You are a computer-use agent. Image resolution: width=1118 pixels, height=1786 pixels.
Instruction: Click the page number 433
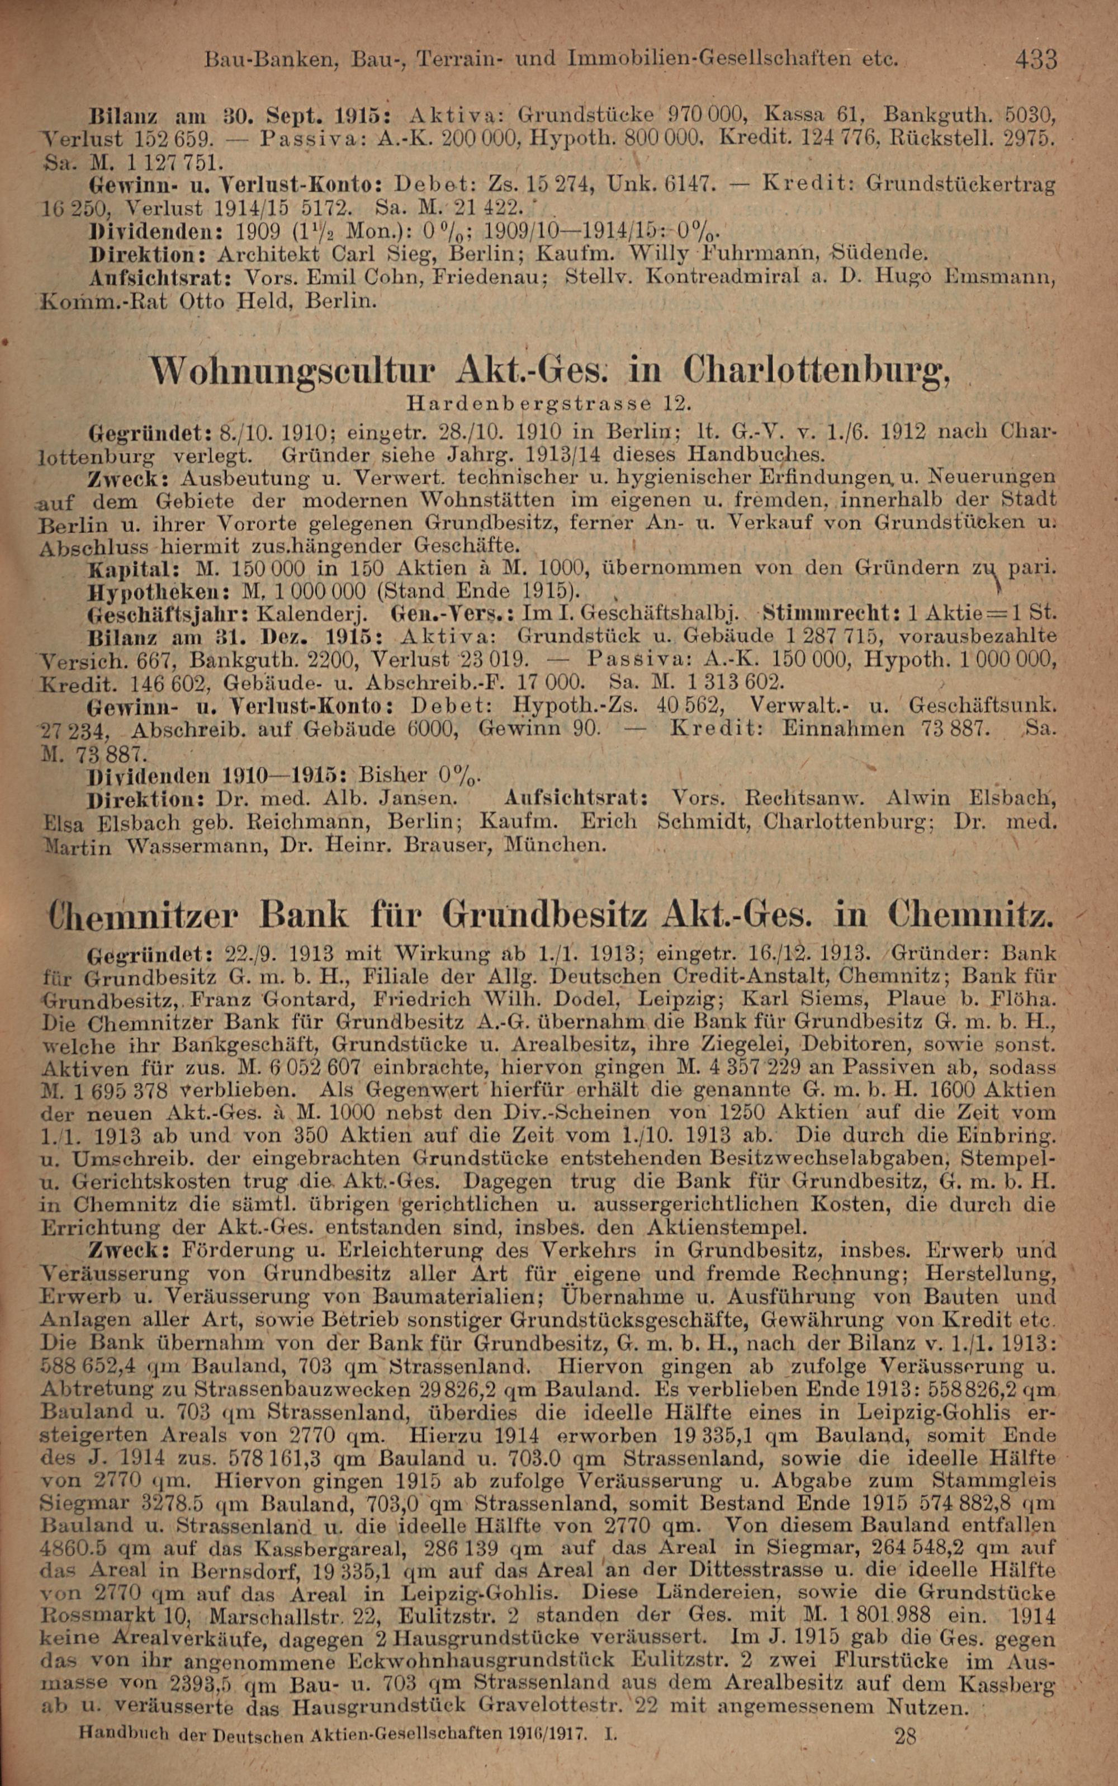(x=1036, y=59)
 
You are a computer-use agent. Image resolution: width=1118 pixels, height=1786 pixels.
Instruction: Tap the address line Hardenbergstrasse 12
(x=548, y=404)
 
